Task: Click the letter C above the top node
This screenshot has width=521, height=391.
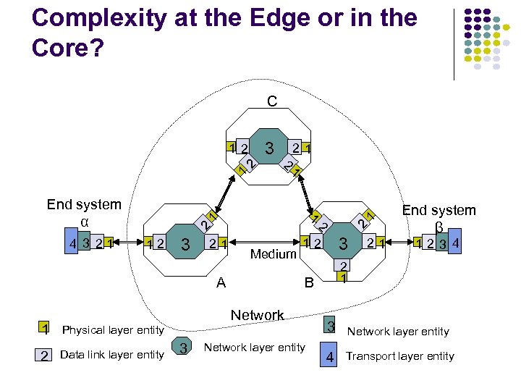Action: click(x=271, y=101)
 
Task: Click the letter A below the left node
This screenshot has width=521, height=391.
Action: click(x=221, y=283)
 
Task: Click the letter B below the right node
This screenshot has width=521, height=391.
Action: click(x=309, y=283)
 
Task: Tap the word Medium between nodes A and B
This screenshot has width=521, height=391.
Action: click(x=274, y=253)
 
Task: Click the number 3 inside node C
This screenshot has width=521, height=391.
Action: click(x=268, y=149)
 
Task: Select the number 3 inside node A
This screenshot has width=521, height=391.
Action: click(x=186, y=245)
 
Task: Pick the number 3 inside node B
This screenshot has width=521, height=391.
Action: click(x=344, y=243)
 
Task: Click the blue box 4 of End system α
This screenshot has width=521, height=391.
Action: click(x=73, y=244)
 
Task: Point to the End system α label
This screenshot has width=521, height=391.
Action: click(x=84, y=212)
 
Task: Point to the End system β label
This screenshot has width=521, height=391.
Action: click(x=439, y=217)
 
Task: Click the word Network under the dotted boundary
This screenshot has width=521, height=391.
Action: click(x=257, y=315)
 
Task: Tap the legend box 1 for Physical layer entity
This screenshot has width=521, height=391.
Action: click(x=45, y=329)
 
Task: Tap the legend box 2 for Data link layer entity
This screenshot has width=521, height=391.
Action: click(x=45, y=355)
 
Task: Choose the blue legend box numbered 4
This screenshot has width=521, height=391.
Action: click(x=329, y=356)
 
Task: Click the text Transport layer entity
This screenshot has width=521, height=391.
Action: click(x=400, y=356)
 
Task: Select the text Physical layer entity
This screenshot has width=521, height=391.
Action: click(x=114, y=330)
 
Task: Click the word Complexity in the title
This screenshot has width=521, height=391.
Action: click(x=101, y=18)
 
